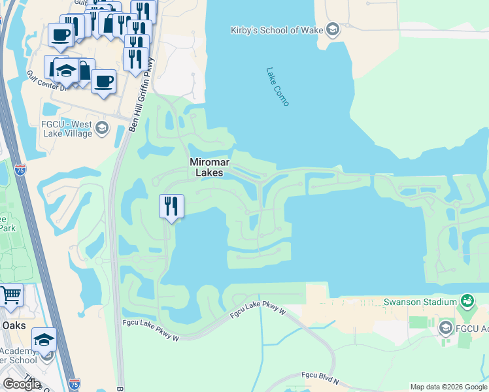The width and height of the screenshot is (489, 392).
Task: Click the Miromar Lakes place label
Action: pyautogui.click(x=206, y=167)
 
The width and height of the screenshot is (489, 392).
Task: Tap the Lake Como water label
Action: pyautogui.click(x=278, y=86)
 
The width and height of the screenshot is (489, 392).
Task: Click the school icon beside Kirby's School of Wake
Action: pyautogui.click(x=333, y=29)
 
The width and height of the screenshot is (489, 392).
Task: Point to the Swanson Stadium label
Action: pyautogui.click(x=419, y=302)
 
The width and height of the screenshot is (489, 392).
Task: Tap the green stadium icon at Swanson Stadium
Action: pyautogui.click(x=467, y=301)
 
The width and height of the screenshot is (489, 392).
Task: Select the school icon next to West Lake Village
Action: pyautogui.click(x=101, y=128)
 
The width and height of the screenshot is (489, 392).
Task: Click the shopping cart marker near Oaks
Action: pyautogui.click(x=10, y=295)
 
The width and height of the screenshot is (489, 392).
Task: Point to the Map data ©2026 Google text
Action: pyautogui.click(x=449, y=387)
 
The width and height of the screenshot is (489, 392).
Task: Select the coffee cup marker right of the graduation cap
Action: pyautogui.click(x=104, y=82)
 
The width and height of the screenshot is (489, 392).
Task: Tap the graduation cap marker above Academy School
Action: pyautogui.click(x=44, y=340)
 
